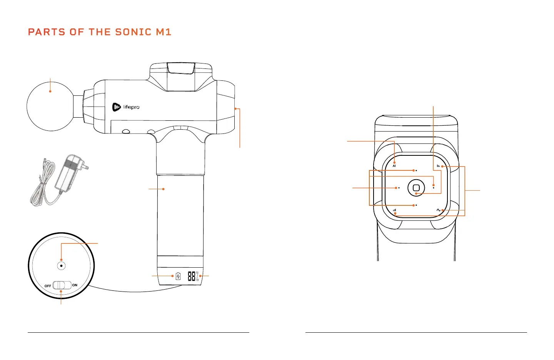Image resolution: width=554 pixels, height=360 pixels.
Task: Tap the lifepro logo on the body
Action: point(126,107)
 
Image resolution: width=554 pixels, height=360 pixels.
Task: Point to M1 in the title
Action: point(164,32)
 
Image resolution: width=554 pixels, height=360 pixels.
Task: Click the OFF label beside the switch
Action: point(48,286)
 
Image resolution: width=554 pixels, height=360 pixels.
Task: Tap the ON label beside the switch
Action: point(75,285)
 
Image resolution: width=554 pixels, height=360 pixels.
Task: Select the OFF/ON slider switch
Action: point(62,285)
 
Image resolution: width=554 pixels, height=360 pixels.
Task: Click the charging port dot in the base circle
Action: point(61,265)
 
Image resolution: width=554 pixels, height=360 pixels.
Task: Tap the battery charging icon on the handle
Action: point(178,276)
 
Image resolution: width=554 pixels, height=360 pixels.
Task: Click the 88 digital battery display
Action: point(192,276)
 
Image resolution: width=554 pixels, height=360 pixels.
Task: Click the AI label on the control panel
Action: point(394,166)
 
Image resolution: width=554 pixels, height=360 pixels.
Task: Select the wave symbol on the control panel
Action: point(438,210)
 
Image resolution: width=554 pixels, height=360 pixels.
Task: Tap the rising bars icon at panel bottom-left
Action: point(395,210)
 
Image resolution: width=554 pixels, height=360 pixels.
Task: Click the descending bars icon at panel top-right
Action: point(438,166)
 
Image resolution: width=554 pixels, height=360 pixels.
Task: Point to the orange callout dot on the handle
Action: point(164,189)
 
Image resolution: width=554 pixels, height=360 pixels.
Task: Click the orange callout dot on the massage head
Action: point(50,91)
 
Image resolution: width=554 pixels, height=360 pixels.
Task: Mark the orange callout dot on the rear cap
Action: point(235,109)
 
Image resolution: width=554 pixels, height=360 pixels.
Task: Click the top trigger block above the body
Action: point(180,68)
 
